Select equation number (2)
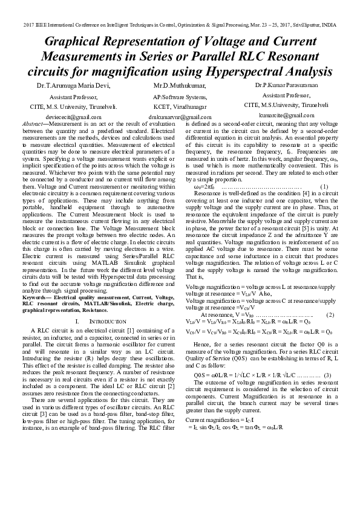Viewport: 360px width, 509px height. coord(330,315)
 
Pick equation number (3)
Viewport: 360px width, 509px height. coord(327,375)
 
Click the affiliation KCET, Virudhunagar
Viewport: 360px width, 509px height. coord(180,106)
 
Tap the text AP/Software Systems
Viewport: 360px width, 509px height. coord(180,96)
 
